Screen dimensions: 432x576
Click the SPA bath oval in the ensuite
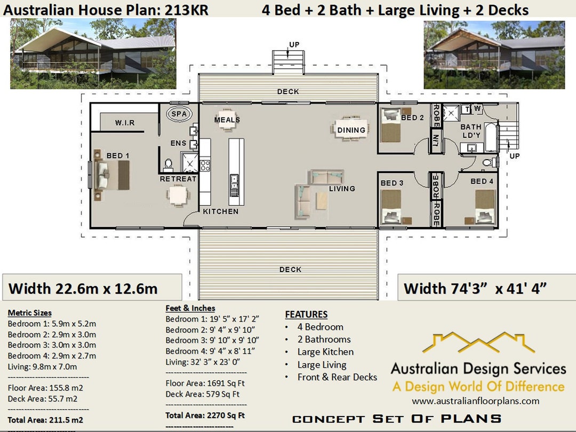(x=179, y=114)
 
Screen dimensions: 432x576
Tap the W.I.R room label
(x=125, y=123)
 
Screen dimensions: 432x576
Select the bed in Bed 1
(x=111, y=175)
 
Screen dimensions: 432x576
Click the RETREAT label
(x=178, y=179)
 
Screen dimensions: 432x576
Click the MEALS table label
(x=227, y=120)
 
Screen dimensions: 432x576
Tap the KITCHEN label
(x=220, y=211)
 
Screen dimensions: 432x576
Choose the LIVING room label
(x=342, y=188)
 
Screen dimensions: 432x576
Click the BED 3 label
(x=392, y=183)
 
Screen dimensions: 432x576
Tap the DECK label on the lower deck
(x=290, y=270)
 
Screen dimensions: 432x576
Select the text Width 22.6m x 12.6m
(x=83, y=289)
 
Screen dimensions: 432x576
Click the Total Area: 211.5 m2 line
(x=45, y=420)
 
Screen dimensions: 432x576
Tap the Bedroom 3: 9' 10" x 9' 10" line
(x=212, y=340)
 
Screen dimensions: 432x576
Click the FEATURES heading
(x=306, y=315)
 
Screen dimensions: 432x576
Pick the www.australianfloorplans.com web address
(x=475, y=401)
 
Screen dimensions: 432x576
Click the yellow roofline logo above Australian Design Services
(x=478, y=343)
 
